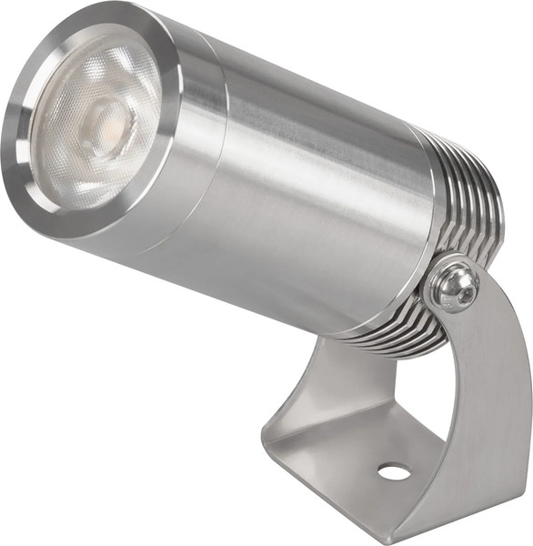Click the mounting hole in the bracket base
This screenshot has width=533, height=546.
click(x=393, y=471)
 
